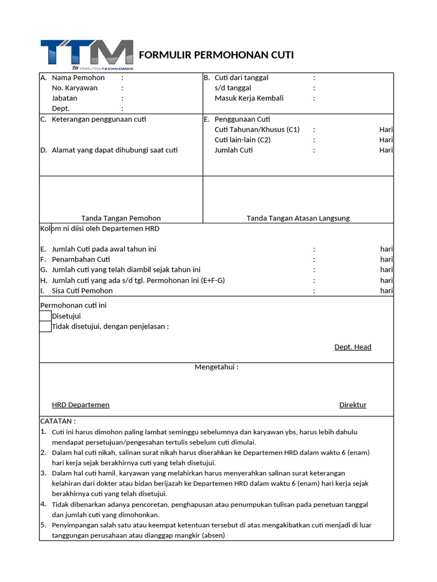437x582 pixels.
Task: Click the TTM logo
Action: coord(86,54)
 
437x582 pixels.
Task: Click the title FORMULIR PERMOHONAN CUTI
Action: coord(216,55)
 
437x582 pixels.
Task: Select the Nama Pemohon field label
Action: coord(78,78)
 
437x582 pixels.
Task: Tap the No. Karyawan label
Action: coord(75,88)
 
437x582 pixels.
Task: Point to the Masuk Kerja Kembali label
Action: coord(249,98)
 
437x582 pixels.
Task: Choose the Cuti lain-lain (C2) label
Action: coord(242,140)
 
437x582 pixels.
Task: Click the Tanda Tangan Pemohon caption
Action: coord(121,218)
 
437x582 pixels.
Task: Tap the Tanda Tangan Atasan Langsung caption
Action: coord(298,218)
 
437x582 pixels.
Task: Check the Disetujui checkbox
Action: coord(46,316)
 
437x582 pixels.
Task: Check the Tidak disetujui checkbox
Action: coord(46,326)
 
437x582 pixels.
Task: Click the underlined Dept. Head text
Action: coord(353,347)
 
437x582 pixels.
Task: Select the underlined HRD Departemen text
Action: coord(81,405)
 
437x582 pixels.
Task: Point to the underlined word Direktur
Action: coord(353,405)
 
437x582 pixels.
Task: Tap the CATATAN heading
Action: coord(57,422)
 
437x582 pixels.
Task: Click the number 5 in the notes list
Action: coord(43,525)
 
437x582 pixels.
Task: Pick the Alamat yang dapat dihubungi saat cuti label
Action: coord(114,151)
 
